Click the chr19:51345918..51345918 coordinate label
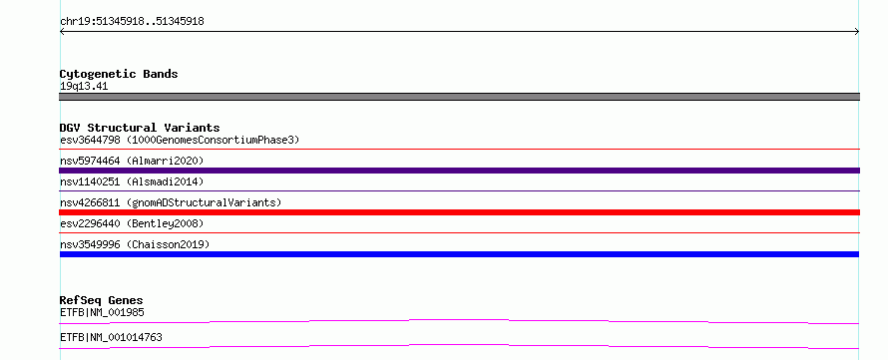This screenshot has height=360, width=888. [132, 22]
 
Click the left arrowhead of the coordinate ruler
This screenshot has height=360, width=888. [62, 32]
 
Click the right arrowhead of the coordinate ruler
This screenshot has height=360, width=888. [857, 32]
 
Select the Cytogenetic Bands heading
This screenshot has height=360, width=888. [119, 74]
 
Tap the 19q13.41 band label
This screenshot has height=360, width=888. [84, 87]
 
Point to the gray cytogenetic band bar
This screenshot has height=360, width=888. [459, 97]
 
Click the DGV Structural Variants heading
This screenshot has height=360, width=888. [140, 128]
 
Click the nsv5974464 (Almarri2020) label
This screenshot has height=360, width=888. [132, 161]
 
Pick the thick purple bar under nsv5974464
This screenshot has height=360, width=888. [459, 171]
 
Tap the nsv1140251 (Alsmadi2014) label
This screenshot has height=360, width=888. [132, 181]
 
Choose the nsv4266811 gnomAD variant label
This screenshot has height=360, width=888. [171, 202]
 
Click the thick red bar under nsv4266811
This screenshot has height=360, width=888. [459, 212]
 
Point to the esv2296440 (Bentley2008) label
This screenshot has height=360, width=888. [132, 223]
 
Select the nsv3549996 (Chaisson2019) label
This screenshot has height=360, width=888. [135, 244]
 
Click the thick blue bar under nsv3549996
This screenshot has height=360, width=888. [459, 254]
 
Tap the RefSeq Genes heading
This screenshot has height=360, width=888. [102, 300]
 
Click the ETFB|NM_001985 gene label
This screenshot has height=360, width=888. [102, 312]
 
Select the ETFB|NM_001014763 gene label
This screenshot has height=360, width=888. [111, 337]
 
